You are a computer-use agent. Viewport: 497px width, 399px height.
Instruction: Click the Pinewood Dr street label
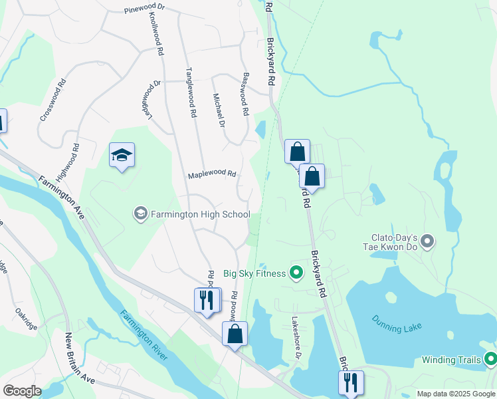(144, 11)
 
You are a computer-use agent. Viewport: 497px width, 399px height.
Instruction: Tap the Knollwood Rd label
(157, 33)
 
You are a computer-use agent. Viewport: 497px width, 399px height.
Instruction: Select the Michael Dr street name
(219, 109)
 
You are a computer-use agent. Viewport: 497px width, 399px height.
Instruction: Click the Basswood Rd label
(245, 92)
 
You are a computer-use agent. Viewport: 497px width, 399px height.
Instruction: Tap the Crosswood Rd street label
(54, 100)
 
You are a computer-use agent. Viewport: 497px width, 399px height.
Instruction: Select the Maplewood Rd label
(212, 174)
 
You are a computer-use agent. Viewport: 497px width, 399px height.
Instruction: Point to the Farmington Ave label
(61, 198)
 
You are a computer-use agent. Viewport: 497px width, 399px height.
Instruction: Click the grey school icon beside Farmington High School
(140, 214)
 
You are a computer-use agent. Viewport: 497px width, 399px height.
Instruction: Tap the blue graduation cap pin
(122, 155)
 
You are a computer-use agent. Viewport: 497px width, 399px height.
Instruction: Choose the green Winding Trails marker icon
(491, 360)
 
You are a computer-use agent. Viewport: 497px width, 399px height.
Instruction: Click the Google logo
(22, 391)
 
